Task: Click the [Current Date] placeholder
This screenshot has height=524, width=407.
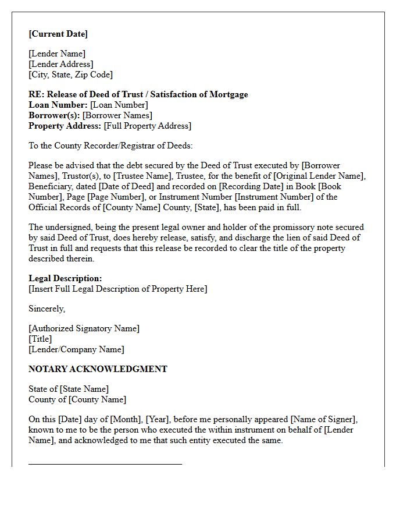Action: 58,34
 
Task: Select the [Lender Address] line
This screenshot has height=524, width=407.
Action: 60,64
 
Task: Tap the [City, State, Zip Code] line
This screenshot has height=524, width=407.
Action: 70,75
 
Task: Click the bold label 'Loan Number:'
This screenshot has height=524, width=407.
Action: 58,105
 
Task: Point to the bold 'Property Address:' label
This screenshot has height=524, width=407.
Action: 65,126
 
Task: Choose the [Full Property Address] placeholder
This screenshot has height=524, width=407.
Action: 147,126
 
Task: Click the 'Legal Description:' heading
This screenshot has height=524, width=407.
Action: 65,278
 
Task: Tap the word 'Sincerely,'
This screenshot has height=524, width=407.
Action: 47,309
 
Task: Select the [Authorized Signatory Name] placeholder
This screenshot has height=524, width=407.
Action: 84,328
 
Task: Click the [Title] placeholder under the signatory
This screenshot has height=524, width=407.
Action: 40,339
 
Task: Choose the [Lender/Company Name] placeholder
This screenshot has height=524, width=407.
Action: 76,349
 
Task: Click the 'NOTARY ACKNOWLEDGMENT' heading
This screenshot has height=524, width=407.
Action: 98,369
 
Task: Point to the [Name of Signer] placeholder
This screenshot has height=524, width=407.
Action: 324,419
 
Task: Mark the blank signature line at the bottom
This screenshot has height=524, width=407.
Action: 105,464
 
